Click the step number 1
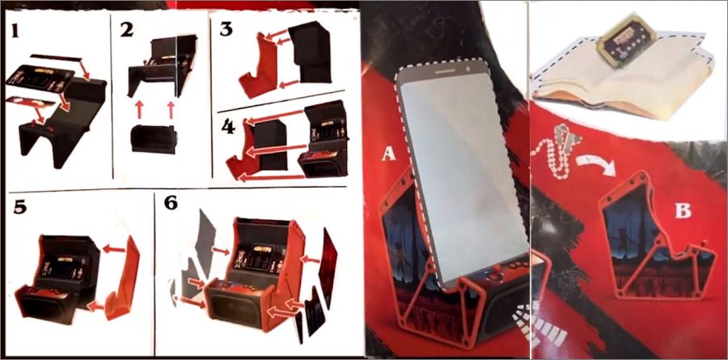(x=15, y=31)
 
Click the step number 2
(x=126, y=30)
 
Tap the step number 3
(x=226, y=28)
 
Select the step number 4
(x=228, y=126)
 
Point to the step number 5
(x=19, y=208)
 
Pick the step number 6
(x=171, y=203)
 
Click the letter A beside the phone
(x=388, y=154)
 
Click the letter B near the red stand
(x=683, y=211)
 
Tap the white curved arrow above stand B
(x=596, y=164)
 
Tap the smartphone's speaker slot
(x=445, y=71)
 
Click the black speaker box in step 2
(x=154, y=139)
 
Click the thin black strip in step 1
(x=56, y=57)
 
